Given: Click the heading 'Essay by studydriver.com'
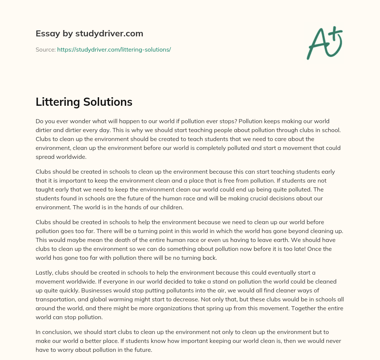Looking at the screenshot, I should tap(89, 33).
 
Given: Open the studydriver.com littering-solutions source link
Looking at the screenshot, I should tap(114, 49).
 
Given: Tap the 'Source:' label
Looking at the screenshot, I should tap(45, 49).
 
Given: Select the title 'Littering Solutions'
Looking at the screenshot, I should tap(84, 102).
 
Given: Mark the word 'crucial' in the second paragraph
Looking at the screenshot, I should tap(239, 199).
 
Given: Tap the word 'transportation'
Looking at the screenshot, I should tap(55, 300).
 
